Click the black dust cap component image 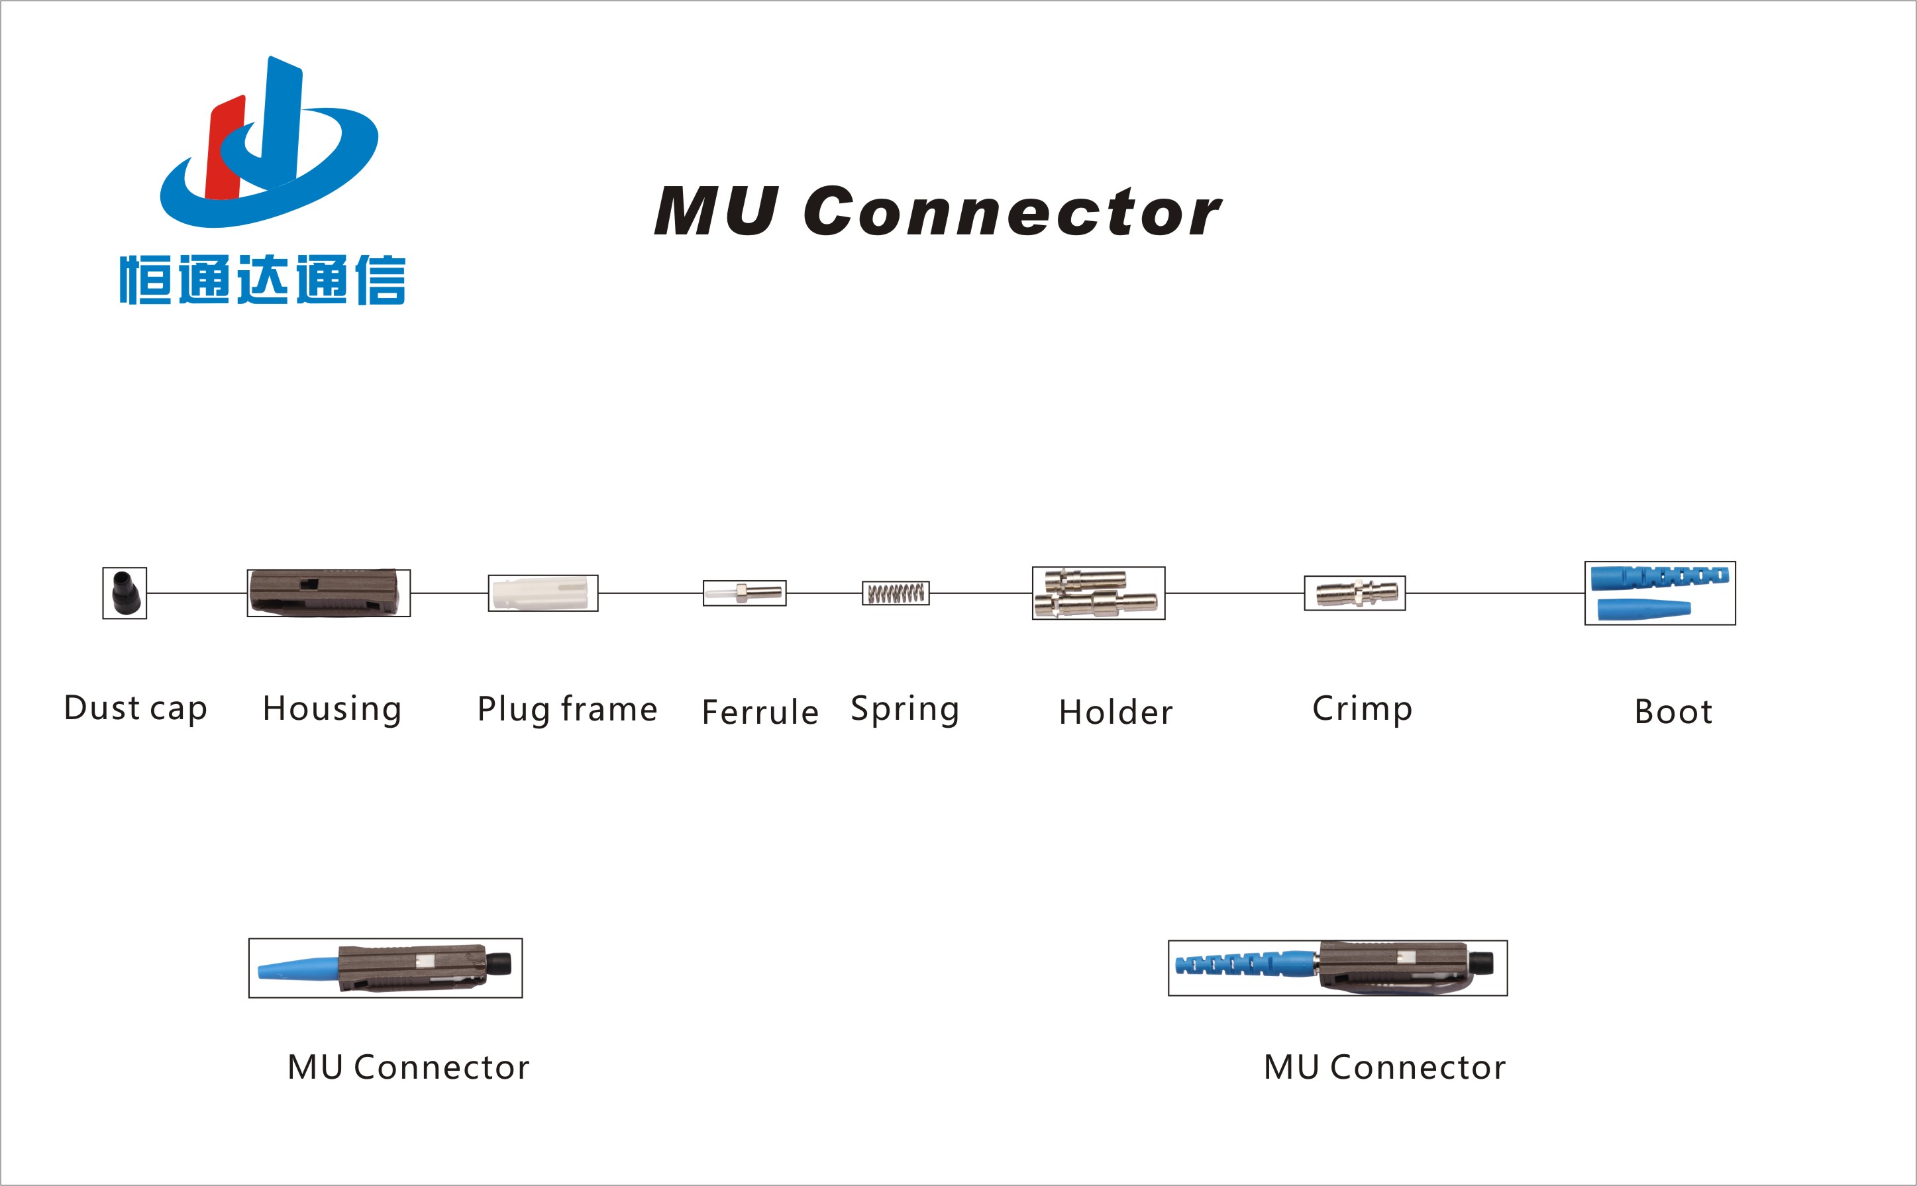coord(125,593)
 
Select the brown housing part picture coord(328,593)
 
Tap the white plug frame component coord(543,593)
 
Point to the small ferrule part coord(745,592)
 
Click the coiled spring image coord(896,593)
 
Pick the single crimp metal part coord(1355,593)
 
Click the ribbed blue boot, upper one coord(1659,577)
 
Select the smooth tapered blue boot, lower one coord(1643,609)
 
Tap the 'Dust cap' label coord(136,709)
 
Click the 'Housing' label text coord(332,709)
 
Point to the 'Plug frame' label coord(567,709)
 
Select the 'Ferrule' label coord(760,713)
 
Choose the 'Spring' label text coord(905,709)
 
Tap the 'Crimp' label coord(1362,709)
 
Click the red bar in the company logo coord(225,149)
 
